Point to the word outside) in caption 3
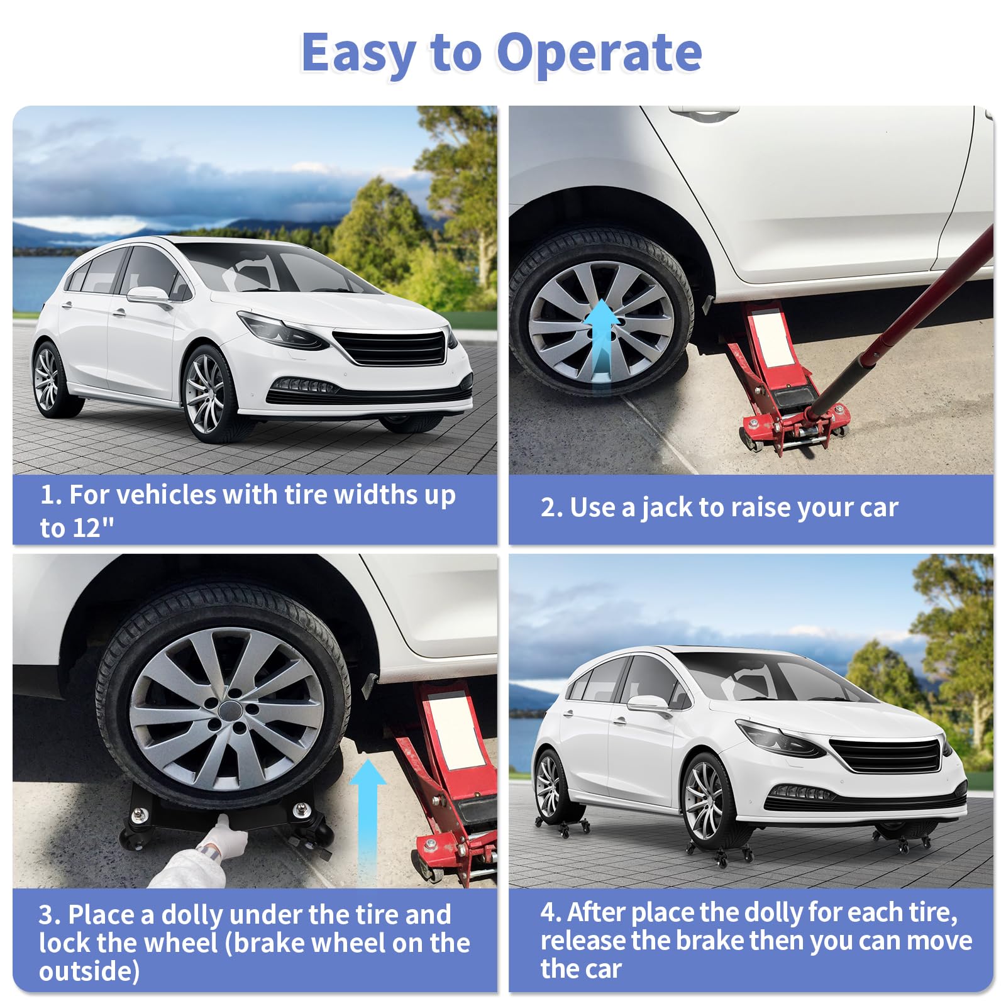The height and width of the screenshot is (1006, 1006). click(89, 971)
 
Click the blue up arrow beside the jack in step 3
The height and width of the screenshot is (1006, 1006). click(368, 821)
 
